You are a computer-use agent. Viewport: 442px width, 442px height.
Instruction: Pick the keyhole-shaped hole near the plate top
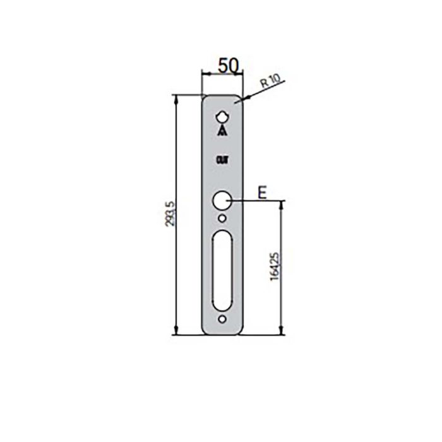point(222,118)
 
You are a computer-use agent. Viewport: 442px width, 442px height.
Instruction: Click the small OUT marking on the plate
point(222,160)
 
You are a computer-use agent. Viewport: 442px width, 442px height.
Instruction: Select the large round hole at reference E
point(222,201)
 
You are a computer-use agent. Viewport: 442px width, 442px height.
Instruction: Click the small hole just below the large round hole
point(222,219)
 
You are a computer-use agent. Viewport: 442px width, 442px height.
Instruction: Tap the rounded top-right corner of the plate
point(239,99)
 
